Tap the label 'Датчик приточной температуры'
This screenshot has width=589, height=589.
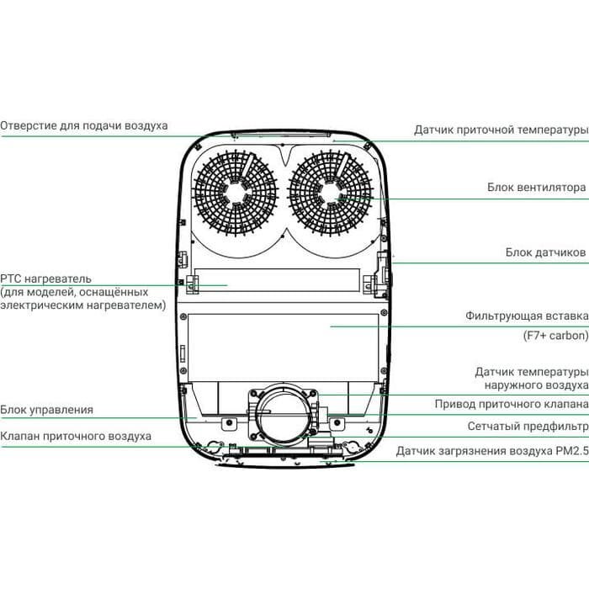pyautogui.click(x=500, y=130)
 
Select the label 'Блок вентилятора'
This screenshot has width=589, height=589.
pyautogui.click(x=536, y=188)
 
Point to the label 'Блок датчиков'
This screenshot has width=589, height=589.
pyautogui.click(x=545, y=252)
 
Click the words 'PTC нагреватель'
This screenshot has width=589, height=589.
pyautogui.click(x=46, y=279)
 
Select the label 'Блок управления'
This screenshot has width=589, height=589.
pyautogui.click(x=46, y=410)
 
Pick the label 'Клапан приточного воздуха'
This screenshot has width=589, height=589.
pyautogui.click(x=76, y=436)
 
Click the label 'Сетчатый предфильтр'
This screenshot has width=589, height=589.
pyautogui.click(x=528, y=427)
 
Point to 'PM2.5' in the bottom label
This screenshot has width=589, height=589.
pyautogui.click(x=570, y=450)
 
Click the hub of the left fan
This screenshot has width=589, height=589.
pyautogui.click(x=236, y=193)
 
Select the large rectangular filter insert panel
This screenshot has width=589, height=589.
pyautogui.click(x=282, y=345)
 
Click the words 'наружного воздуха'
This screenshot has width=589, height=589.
pyautogui.click(x=535, y=385)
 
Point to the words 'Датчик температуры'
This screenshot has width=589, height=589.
pyautogui.click(x=530, y=371)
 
